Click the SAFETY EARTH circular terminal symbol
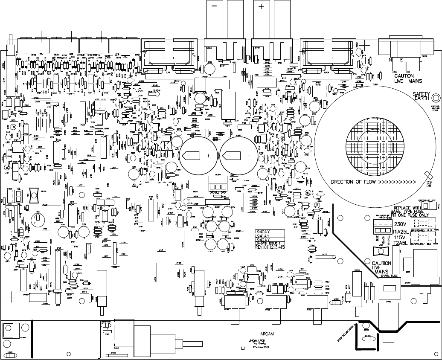coord(436,97)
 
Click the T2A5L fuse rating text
coord(401,243)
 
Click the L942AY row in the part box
coord(263,240)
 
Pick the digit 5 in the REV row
coord(283,248)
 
